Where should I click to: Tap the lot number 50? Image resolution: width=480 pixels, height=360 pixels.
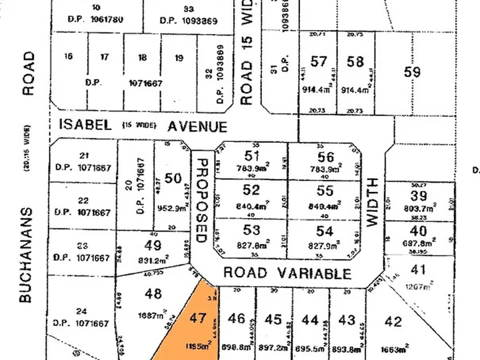[173, 178]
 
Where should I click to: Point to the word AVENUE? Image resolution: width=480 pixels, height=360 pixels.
[197, 126]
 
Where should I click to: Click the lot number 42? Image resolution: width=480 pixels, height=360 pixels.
[394, 322]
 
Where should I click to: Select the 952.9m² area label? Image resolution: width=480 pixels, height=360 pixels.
[172, 207]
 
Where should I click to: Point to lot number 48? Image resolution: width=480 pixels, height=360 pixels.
[153, 293]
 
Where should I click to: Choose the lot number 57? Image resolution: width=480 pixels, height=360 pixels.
[319, 62]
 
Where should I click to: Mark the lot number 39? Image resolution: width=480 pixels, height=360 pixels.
[419, 195]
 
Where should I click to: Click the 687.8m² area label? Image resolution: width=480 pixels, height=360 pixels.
[418, 245]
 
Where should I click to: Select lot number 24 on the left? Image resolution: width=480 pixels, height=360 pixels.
[82, 311]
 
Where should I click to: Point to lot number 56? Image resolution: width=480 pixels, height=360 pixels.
[326, 157]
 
